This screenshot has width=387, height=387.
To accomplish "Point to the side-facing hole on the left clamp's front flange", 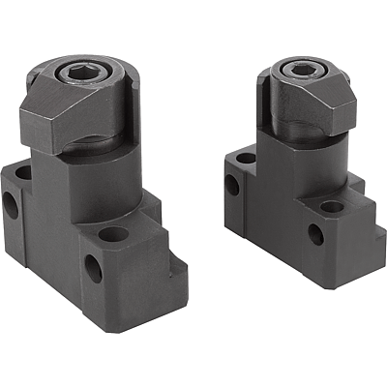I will (x=94, y=269).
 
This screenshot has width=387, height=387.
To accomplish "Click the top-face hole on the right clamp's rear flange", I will (x=246, y=158).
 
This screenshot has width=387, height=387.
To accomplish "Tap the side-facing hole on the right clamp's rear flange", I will (x=234, y=184).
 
